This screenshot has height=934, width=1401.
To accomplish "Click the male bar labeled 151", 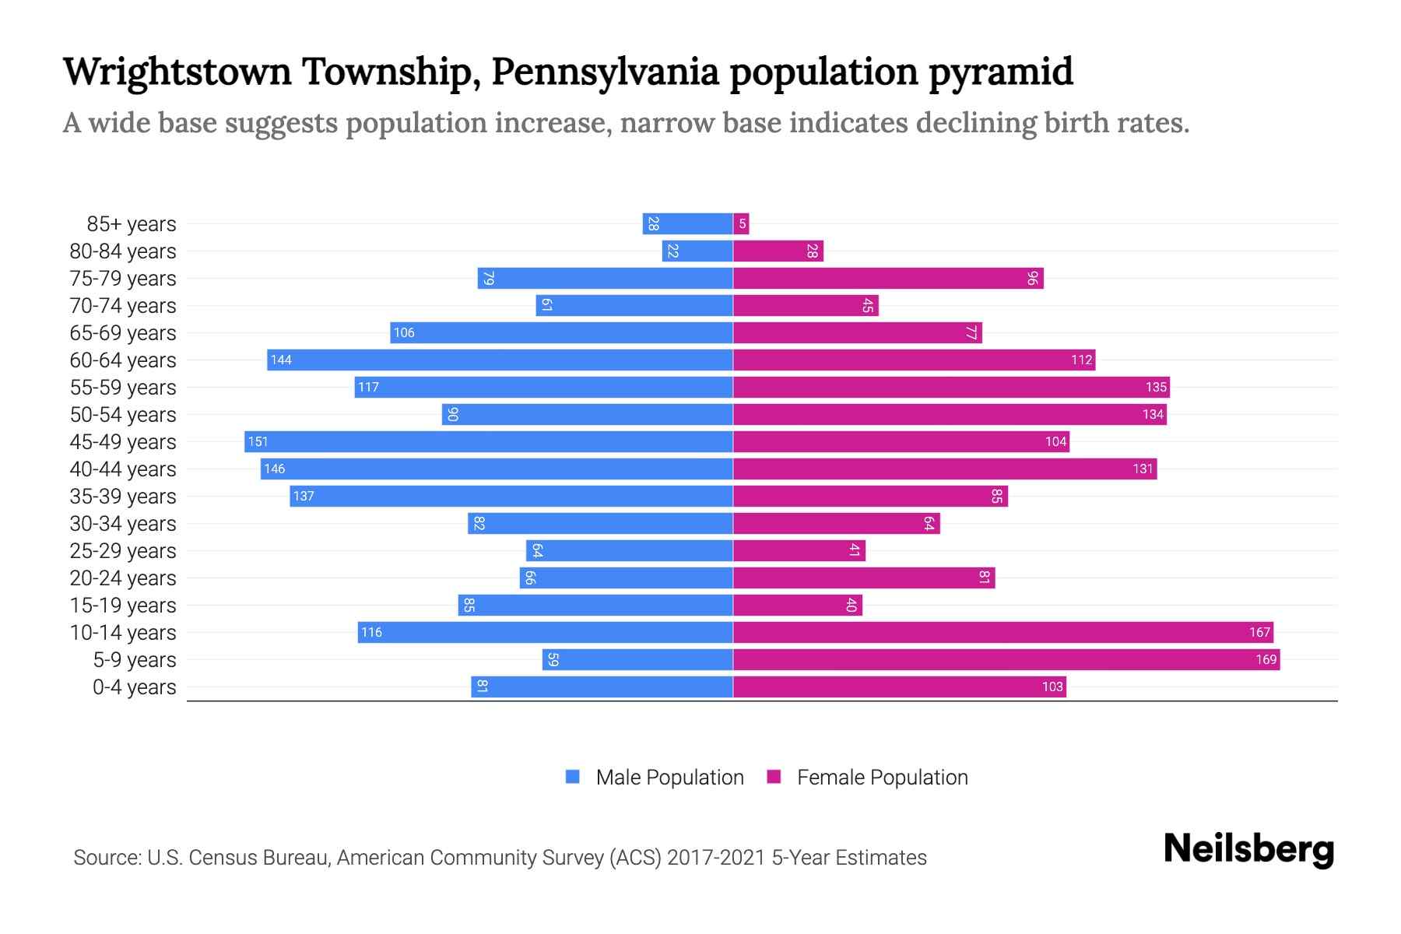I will [489, 441].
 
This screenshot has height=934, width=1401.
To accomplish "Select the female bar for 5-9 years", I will [1006, 659].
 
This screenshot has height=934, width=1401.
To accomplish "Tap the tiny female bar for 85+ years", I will [741, 224].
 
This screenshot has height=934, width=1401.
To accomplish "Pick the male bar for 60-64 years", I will [500, 360].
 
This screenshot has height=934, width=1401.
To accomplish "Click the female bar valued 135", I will [951, 387].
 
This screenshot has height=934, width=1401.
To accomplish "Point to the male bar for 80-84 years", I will [697, 251].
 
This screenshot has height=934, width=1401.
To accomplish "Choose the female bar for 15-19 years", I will [797, 605].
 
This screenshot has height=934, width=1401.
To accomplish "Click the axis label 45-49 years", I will [123, 441].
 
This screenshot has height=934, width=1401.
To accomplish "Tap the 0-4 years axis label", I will [134, 686].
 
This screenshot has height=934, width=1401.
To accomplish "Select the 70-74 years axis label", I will [123, 305].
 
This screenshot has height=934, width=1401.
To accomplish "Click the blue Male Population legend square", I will [573, 777].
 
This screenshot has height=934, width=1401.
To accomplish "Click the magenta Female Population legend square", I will [774, 777].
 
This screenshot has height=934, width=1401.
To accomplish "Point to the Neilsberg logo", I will [1248, 848].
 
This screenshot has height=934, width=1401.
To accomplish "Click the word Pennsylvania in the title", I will [605, 72].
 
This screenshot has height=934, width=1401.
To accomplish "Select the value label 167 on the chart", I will [1259, 632].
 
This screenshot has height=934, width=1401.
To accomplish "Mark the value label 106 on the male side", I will [404, 332].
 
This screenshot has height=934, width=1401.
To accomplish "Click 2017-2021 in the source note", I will [715, 858].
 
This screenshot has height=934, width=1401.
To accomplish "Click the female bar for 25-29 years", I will [799, 550].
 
